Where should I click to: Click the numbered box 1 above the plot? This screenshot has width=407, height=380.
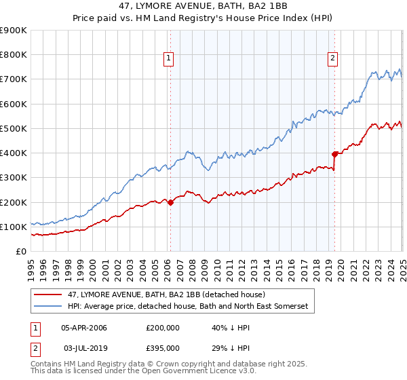(168, 59)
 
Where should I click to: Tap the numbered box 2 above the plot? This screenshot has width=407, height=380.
(333, 59)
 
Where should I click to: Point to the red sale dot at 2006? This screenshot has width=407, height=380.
(170, 202)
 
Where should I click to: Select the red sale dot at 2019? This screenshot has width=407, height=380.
(334, 154)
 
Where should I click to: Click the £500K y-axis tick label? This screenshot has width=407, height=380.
(14, 128)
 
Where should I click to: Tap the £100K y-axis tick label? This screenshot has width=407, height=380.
(14, 227)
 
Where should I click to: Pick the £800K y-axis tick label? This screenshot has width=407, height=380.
(14, 55)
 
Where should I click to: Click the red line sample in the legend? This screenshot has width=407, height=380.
(47, 294)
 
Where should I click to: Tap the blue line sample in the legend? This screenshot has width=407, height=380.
(47, 307)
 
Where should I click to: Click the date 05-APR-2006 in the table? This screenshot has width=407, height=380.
(84, 327)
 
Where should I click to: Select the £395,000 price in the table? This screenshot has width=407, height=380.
(162, 347)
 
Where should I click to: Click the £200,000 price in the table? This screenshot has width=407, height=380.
(162, 327)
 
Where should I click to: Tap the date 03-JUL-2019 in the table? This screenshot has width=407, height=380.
(84, 347)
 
